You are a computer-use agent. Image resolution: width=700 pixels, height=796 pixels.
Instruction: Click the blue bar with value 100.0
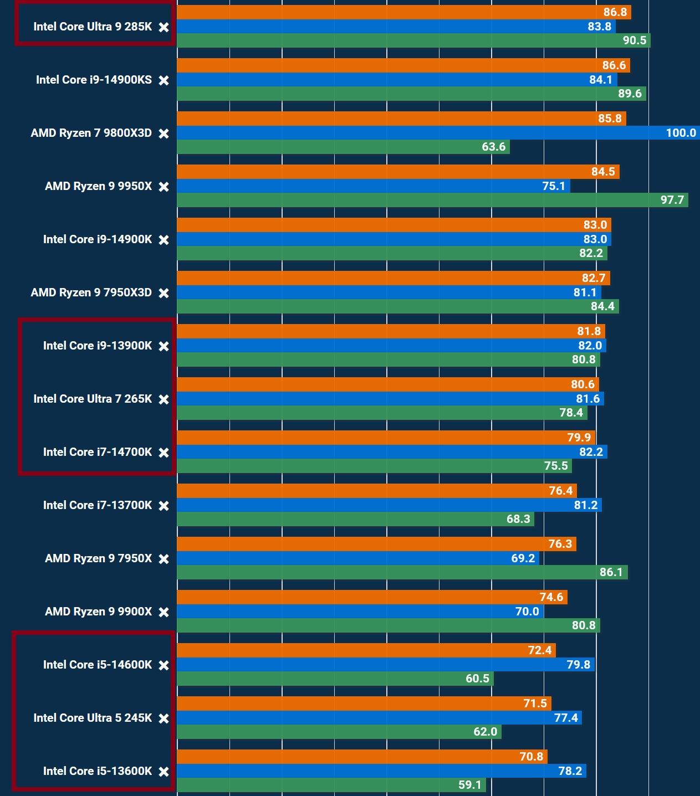coord(438,133)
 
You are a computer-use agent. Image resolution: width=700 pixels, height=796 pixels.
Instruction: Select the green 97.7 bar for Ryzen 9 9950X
coord(432,200)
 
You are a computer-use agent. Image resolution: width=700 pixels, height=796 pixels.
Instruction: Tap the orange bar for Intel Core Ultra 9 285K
coord(403,12)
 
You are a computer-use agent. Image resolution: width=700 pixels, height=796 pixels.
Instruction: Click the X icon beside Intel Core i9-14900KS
coord(163,80)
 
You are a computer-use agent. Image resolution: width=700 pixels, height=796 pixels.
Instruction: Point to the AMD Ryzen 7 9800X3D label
coord(91,133)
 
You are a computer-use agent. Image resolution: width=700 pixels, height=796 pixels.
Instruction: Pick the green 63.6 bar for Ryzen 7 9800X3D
coord(343,147)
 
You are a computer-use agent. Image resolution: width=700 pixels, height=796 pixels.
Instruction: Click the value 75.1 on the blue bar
coord(553,186)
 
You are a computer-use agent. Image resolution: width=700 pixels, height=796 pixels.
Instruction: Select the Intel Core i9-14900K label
coord(97,239)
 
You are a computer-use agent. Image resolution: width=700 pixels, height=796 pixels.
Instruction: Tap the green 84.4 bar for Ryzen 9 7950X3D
coord(397,306)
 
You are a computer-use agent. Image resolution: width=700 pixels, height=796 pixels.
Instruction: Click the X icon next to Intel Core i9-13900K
coord(163,346)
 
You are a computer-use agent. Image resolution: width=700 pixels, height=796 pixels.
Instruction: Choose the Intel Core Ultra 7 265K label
coord(92,399)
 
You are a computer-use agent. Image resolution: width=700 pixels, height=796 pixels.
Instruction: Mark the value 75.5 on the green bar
coord(556,466)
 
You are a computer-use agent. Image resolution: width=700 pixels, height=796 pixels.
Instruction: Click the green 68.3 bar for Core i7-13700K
coord(355,519)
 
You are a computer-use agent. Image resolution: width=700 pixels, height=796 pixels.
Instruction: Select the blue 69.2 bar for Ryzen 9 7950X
coord(357,558)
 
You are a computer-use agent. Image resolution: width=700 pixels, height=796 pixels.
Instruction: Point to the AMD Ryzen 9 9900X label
coord(98,612)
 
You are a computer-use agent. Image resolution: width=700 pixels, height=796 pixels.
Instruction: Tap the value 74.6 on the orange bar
coord(551,597)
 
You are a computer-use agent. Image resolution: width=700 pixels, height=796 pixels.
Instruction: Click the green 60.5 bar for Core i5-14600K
coord(335,679)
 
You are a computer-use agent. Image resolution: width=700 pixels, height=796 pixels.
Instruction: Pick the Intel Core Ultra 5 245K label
coord(92,718)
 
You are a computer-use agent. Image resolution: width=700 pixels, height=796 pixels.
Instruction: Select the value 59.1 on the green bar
coord(470,785)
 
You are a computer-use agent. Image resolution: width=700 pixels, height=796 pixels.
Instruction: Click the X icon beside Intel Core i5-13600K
coord(163,772)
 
